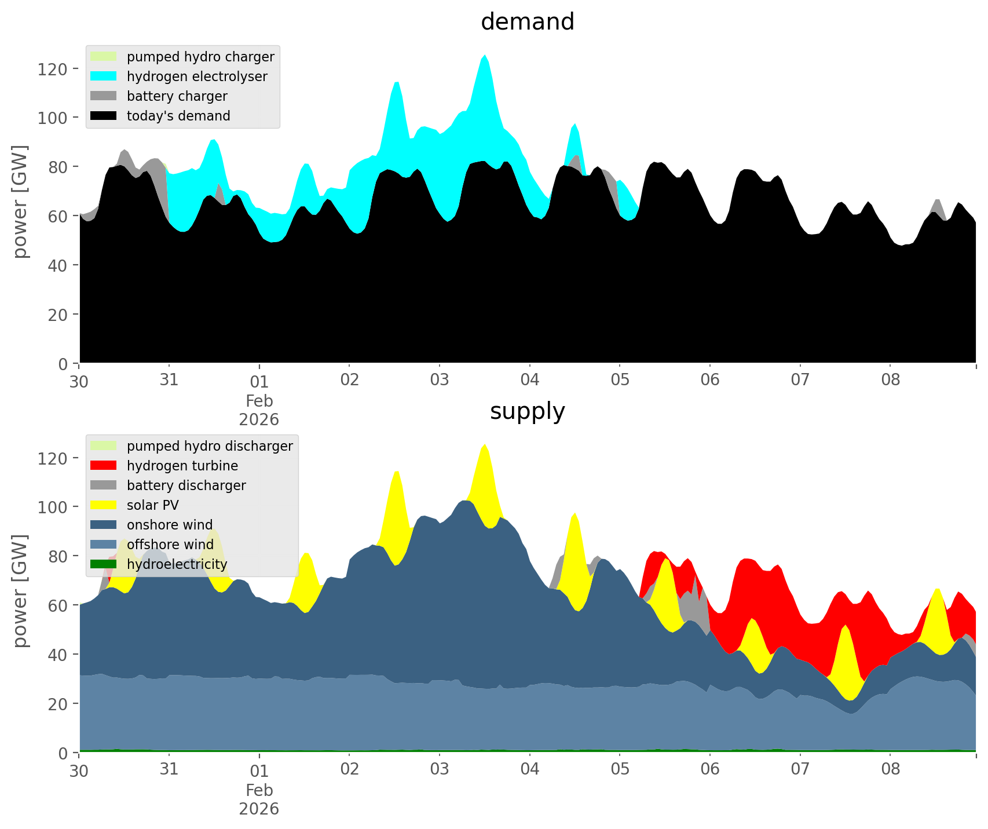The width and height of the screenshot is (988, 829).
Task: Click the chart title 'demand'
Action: tap(527, 22)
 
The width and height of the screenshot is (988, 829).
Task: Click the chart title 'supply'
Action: tap(527, 411)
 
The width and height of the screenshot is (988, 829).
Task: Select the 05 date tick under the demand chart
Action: tap(620, 380)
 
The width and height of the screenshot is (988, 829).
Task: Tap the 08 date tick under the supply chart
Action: tap(890, 769)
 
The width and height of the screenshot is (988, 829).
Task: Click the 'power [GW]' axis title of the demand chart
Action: tap(20, 201)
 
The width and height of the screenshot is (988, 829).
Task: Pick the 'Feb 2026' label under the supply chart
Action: tap(259, 799)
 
